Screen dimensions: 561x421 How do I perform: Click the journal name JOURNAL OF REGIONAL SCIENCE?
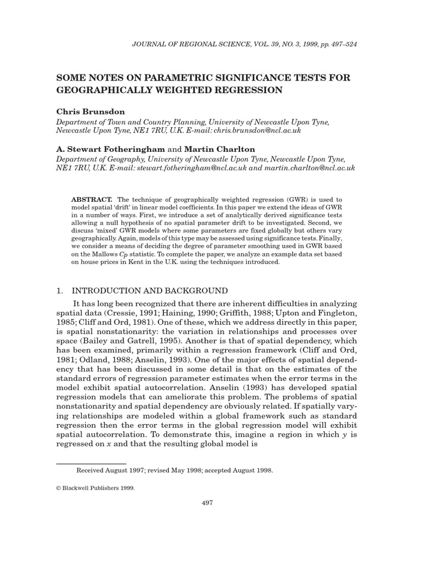tap(188, 44)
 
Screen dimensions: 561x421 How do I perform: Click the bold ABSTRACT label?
tap(92, 201)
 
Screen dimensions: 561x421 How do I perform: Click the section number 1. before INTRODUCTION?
tap(60, 290)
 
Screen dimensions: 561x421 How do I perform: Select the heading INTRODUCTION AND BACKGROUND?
tap(150, 290)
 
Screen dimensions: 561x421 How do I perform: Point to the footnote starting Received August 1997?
tap(174, 470)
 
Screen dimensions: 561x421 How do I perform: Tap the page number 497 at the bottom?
tap(208, 503)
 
